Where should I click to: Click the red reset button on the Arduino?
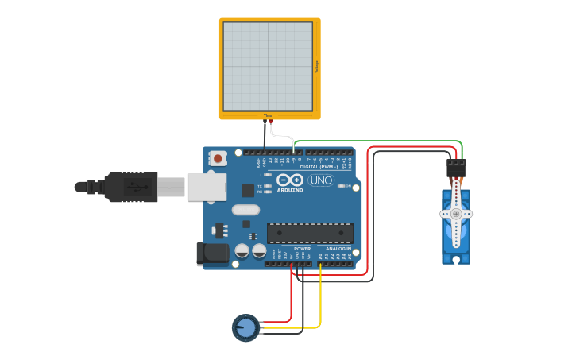coord(218,158)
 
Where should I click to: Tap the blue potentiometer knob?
coord(245,327)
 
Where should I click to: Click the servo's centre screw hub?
coord(456,214)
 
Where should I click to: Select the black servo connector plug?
coord(455,168)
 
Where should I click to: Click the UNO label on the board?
coord(320,180)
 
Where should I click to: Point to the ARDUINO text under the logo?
coord(290,190)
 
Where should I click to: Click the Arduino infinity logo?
coord(290,180)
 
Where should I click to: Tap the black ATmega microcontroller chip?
coord(310,233)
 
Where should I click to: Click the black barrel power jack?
coord(209,254)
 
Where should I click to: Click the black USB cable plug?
coord(131,188)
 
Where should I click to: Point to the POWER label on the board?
coord(302,249)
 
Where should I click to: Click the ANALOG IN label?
coord(337,249)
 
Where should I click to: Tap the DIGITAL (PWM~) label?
coord(319,167)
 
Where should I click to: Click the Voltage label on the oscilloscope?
coord(317,68)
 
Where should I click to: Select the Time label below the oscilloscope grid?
coord(268,116)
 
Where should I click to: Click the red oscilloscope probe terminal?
coord(270,121)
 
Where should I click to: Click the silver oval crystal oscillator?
coord(245,210)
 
